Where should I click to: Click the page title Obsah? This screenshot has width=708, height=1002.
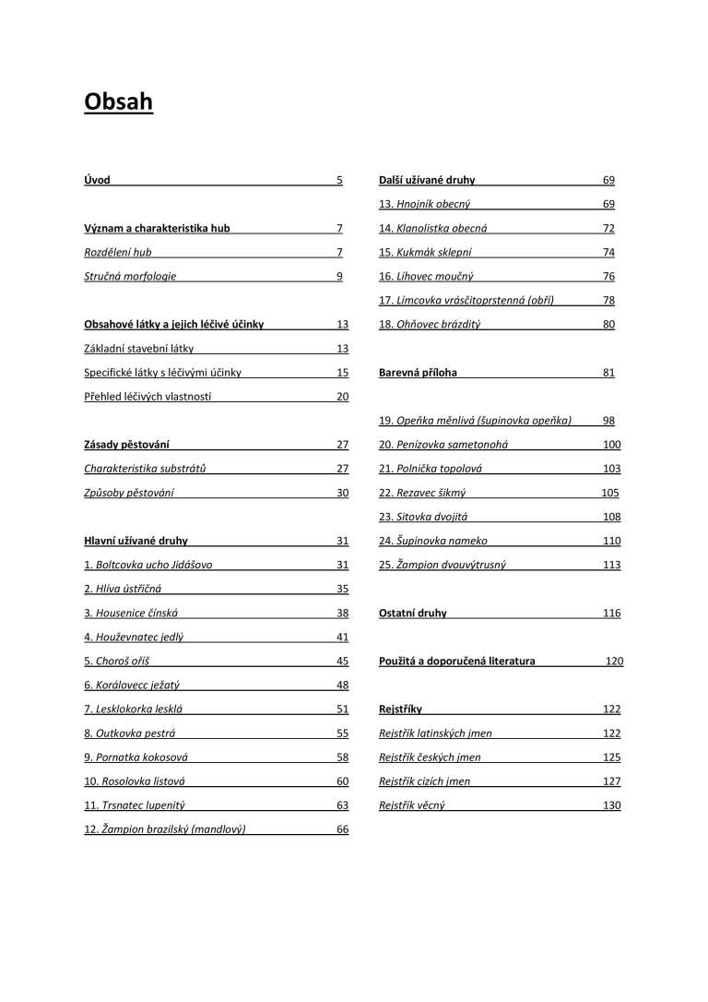(x=118, y=101)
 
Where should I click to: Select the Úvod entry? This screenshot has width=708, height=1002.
(x=97, y=180)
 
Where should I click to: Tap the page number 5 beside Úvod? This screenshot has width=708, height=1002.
(x=339, y=180)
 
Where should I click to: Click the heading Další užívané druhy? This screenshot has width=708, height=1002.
(x=427, y=180)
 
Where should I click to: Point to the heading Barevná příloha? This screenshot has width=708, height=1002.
(x=418, y=373)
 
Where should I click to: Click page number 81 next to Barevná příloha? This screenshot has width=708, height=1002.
(x=608, y=373)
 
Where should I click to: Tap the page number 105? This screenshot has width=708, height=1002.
(x=610, y=493)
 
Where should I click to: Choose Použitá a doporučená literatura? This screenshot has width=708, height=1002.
(x=456, y=661)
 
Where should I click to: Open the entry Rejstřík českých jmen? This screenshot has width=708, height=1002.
(x=430, y=757)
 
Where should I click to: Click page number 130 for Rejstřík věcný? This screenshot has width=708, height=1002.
(x=611, y=805)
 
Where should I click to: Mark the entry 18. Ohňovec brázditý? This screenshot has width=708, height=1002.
(x=430, y=324)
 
